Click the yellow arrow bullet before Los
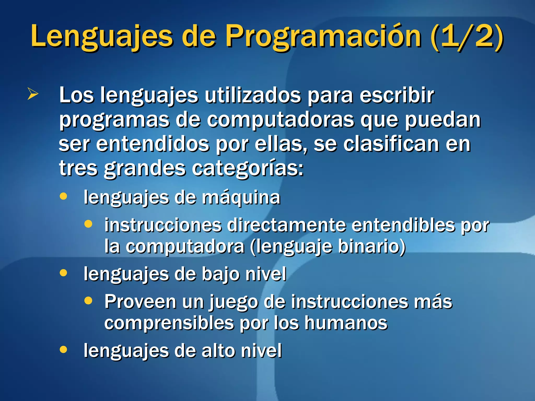[33, 94]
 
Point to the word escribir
[397, 95]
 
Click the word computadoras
[281, 120]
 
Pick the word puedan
[443, 120]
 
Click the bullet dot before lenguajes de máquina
[63, 196]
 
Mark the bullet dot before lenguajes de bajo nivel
[63, 273]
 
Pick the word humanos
[346, 323]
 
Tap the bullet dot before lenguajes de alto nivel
[63, 349]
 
